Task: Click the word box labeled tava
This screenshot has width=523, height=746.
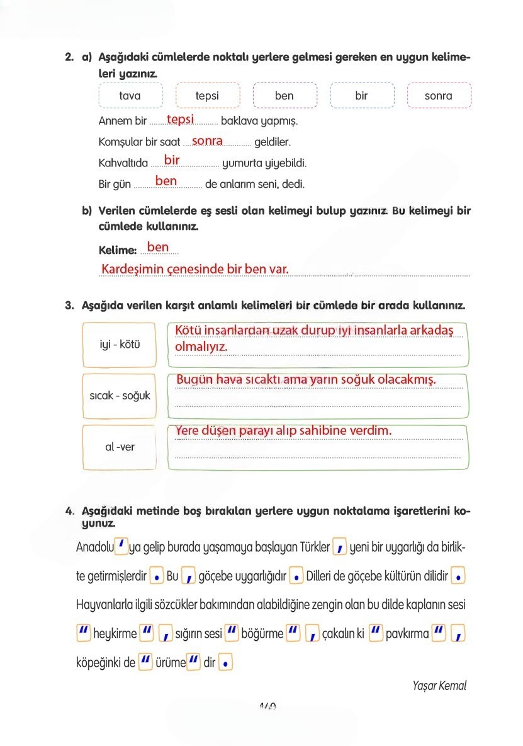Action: (130, 96)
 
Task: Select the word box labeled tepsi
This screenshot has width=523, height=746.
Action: (208, 96)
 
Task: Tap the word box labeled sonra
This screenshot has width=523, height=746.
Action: (439, 96)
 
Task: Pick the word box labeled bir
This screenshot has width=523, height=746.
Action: (361, 96)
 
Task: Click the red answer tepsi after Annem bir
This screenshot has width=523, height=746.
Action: (180, 119)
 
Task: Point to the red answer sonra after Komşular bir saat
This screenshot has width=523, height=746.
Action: (207, 141)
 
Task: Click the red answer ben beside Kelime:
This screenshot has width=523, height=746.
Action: (158, 247)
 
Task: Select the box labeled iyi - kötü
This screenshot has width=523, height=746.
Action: (120, 345)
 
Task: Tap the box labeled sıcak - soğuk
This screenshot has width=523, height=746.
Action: (120, 396)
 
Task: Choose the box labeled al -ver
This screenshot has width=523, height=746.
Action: (120, 447)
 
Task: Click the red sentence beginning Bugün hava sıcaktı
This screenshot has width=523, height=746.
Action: (306, 380)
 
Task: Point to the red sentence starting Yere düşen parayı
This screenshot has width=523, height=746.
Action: (283, 430)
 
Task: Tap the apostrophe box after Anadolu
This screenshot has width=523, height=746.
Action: (122, 546)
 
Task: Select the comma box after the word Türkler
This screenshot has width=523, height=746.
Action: (339, 547)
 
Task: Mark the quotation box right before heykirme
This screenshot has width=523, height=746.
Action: (83, 633)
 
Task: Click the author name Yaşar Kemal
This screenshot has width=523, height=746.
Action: (439, 686)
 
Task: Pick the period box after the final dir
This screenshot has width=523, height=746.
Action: (226, 663)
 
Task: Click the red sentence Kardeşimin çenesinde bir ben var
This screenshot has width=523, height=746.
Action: (195, 269)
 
